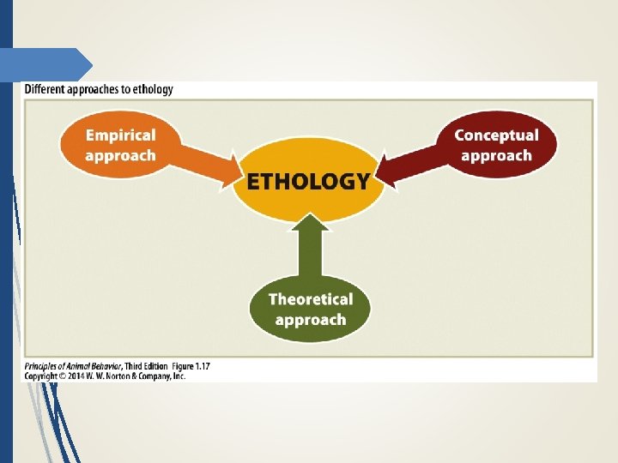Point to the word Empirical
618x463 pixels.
(120, 135)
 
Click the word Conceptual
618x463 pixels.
(496, 135)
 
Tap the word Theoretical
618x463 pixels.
(310, 299)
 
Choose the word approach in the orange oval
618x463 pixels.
(120, 155)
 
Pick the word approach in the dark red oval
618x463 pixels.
(496, 155)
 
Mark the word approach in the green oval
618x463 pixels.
(310, 320)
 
